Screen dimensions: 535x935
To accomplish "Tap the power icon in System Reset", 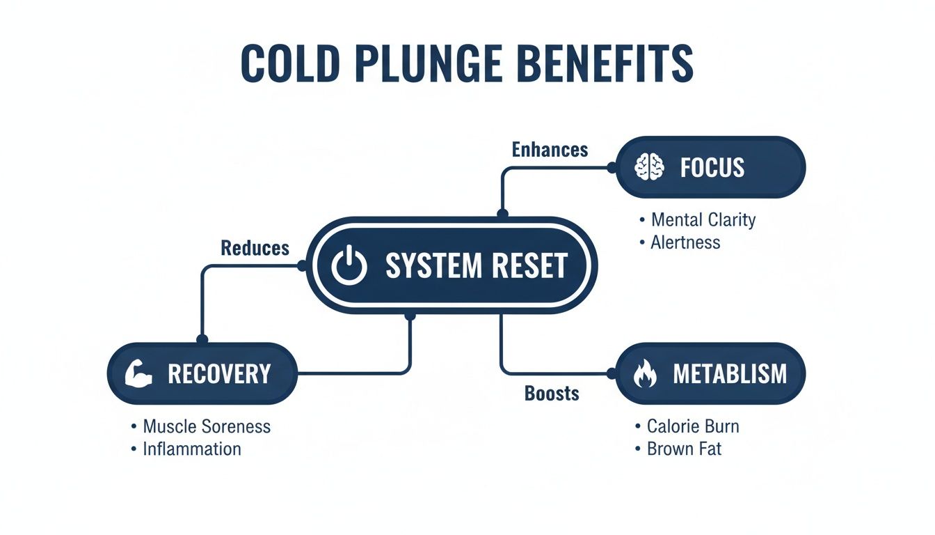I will click(349, 265).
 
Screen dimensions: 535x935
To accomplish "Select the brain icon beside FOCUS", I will click(651, 166).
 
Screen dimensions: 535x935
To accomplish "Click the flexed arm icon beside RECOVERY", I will click(139, 373).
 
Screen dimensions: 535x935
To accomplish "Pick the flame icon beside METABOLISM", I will click(645, 374).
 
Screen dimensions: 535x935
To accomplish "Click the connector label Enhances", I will click(550, 149).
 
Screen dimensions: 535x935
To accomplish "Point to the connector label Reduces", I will click(255, 247).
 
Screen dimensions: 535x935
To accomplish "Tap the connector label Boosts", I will click(551, 394).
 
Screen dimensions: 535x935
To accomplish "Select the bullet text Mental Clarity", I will click(703, 220).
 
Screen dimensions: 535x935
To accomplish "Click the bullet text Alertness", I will click(685, 242).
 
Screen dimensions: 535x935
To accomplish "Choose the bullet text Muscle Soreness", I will click(206, 426).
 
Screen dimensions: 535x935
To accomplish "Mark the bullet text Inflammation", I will click(191, 449).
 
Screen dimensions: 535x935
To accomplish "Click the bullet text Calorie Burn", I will click(692, 426).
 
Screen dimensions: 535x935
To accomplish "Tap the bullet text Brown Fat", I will click(684, 449).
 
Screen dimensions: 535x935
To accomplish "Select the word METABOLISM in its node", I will click(729, 374).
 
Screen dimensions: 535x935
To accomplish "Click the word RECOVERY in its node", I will click(218, 374).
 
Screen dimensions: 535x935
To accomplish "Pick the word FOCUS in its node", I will click(712, 167).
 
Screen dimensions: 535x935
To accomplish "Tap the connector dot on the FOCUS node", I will click(612, 167).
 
